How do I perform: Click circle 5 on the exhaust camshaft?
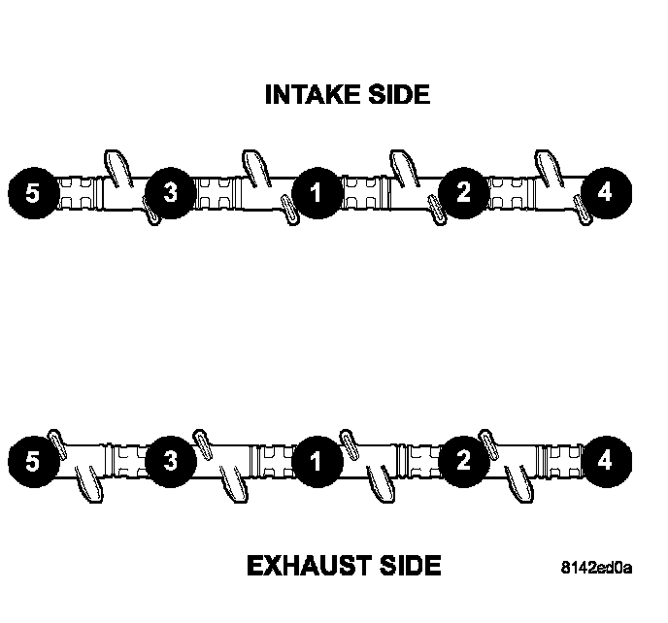point(33,459)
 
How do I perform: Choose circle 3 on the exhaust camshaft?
point(172,459)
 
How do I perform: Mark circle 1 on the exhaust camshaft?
point(315,459)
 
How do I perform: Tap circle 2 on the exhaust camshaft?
point(463,459)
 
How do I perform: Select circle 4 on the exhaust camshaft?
point(604,459)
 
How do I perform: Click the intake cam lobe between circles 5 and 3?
point(116,166)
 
